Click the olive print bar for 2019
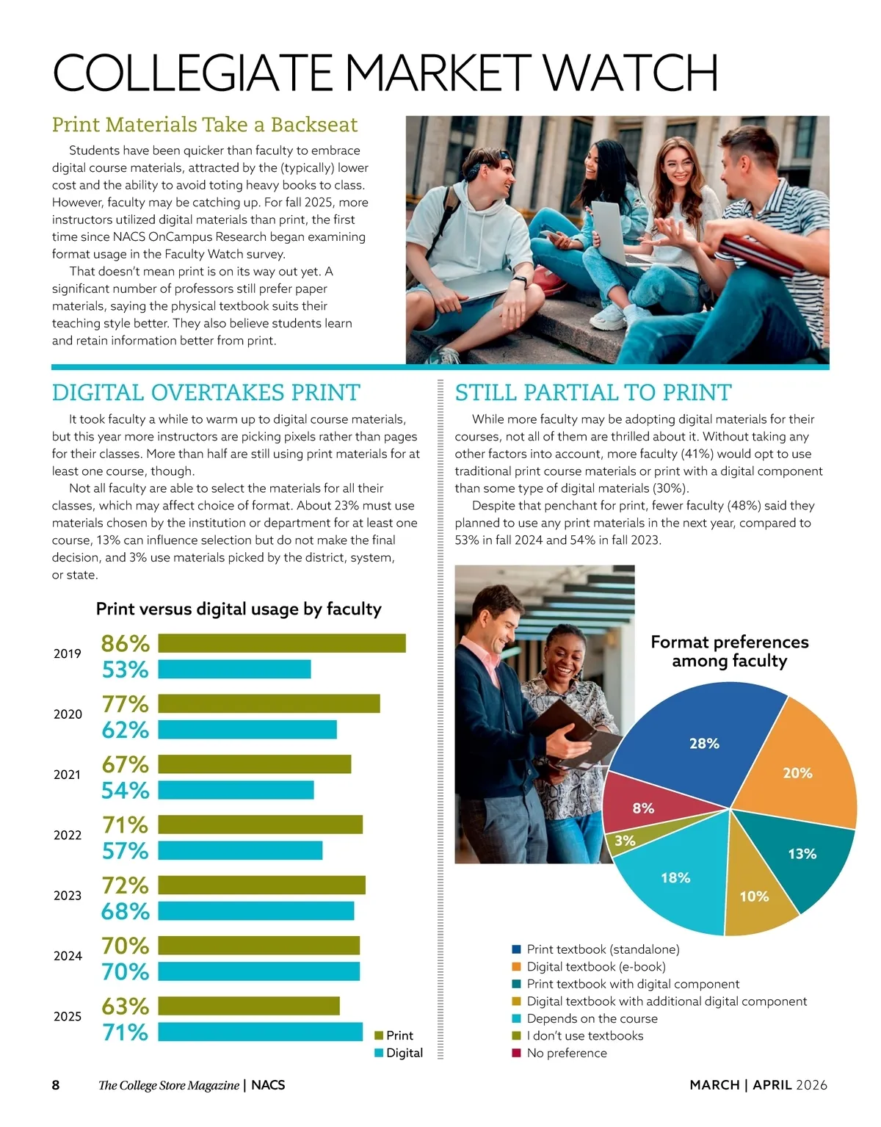pyautogui.click(x=282, y=643)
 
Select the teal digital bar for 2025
pyautogui.click(x=260, y=1032)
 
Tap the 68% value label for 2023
pyautogui.click(x=126, y=911)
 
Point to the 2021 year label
pyautogui.click(x=68, y=775)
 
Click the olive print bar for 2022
pyautogui.click(x=260, y=825)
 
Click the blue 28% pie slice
pyautogui.click(x=697, y=742)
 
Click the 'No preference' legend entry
pyautogui.click(x=566, y=1053)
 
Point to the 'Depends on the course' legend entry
pyautogui.click(x=591, y=1018)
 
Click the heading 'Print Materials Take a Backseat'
pyautogui.click(x=205, y=125)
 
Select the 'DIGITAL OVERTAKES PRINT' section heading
pyautogui.click(x=206, y=393)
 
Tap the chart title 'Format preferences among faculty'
pyautogui.click(x=729, y=651)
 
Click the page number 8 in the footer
pyautogui.click(x=56, y=1084)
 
